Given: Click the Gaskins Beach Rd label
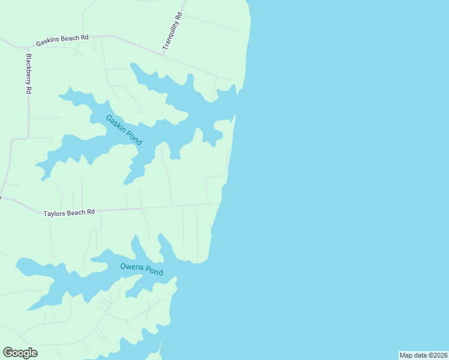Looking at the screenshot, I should [62, 40].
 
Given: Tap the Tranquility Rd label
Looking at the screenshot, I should [172, 32].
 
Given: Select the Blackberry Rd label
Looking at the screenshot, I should [28, 74].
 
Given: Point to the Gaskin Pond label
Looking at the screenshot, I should [124, 130].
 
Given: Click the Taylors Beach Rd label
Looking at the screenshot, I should [70, 212].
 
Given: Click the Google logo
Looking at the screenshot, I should [20, 352].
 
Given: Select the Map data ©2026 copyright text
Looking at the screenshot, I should [423, 355].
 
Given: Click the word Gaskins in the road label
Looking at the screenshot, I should [47, 42].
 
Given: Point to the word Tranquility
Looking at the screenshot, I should [170, 35].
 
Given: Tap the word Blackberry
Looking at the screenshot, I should [28, 70].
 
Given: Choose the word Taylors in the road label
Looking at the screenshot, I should [55, 213].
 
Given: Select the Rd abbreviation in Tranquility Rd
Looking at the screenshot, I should [178, 17].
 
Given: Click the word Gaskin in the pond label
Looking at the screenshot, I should [116, 123].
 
